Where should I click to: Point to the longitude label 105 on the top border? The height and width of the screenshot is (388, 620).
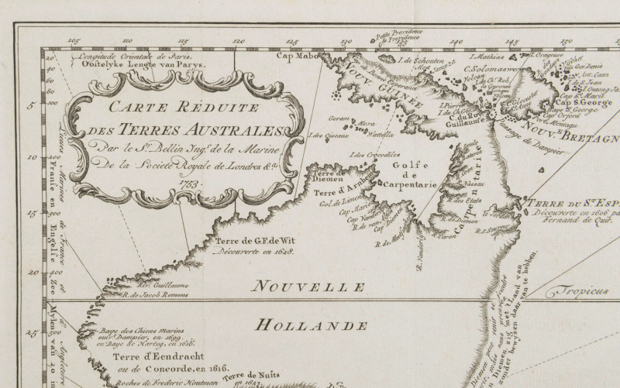pos(74,41)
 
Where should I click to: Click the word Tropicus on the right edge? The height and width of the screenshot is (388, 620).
pos(574,293)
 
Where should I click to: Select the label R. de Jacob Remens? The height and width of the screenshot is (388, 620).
pos(154,295)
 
